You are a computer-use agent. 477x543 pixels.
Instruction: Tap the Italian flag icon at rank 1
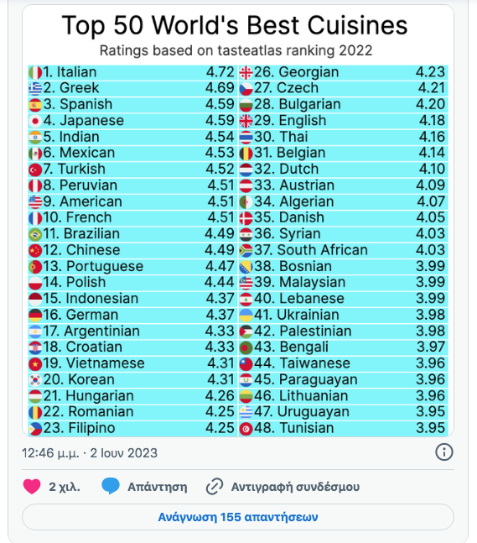[34, 72]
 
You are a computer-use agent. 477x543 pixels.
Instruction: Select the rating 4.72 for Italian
[220, 72]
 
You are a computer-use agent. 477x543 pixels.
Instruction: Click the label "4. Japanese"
[83, 121]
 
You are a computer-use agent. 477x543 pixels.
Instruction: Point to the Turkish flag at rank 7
[34, 170]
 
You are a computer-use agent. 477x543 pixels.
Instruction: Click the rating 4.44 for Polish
[220, 283]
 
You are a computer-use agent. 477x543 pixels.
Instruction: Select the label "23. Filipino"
[83, 428]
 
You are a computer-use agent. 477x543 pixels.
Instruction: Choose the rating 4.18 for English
[431, 121]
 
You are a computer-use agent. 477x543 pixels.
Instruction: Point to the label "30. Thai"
[288, 137]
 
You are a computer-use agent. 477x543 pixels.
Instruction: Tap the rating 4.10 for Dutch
[431, 170]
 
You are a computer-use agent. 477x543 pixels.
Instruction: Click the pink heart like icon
[32, 487]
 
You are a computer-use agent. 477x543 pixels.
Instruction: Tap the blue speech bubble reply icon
[110, 487]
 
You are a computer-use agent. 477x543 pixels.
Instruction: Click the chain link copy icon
[215, 487]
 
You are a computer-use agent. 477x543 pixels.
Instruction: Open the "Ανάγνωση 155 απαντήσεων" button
[238, 517]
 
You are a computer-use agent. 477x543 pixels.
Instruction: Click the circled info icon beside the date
[444, 452]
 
